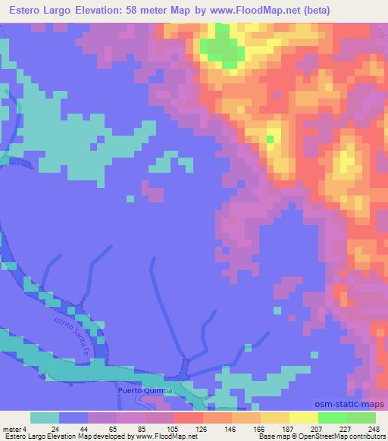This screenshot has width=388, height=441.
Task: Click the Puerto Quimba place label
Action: (146, 390)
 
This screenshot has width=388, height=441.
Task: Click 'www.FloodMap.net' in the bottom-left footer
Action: (161, 436)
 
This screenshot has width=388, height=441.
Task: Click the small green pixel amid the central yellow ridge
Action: (271, 138)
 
